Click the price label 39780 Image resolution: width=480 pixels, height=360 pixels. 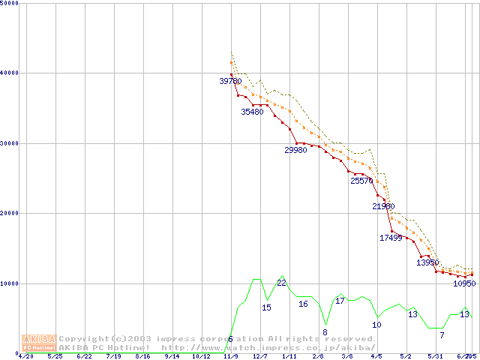[x=230, y=81]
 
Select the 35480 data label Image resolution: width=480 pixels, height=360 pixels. [x=252, y=112]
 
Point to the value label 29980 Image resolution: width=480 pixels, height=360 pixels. [x=295, y=150]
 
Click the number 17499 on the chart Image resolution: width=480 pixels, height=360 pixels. [x=391, y=238]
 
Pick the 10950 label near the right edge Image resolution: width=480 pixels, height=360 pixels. [x=464, y=283]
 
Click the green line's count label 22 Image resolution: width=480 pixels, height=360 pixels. [x=281, y=283]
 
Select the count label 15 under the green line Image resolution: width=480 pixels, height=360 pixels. [x=266, y=307]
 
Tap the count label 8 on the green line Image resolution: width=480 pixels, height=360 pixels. [x=325, y=331]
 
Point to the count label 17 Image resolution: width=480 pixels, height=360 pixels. [x=340, y=301]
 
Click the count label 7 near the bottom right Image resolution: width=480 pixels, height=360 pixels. [x=442, y=334]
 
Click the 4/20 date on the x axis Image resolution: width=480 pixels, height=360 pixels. [x=25, y=356]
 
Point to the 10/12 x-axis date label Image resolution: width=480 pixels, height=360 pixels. [x=201, y=356]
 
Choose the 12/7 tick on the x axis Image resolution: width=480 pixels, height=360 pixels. [x=259, y=356]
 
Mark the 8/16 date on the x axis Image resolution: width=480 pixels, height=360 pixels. [x=142, y=356]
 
